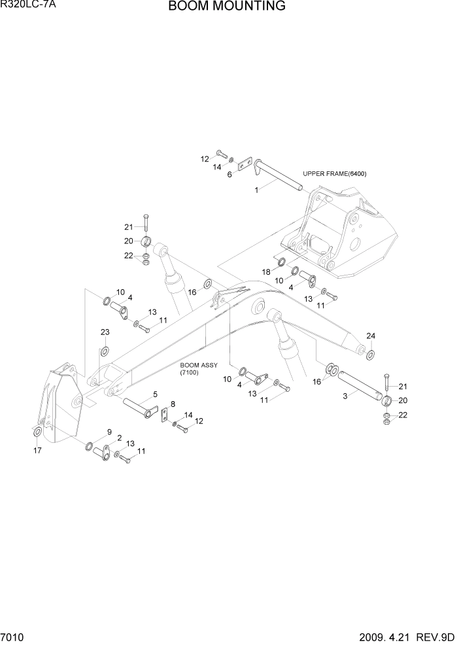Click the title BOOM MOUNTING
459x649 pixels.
tap(226, 7)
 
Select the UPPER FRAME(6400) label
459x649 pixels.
tap(334, 174)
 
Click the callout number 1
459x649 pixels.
tap(257, 190)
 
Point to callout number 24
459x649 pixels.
tap(371, 336)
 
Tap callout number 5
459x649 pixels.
tap(155, 394)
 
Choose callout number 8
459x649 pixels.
tap(173, 404)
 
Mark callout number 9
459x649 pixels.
tap(110, 431)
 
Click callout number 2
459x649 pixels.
tap(120, 437)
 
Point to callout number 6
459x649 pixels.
tap(229, 175)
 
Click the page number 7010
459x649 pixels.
tap(14, 636)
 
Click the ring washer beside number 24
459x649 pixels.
tap(370, 355)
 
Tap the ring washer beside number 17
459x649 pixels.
tap(37, 432)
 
